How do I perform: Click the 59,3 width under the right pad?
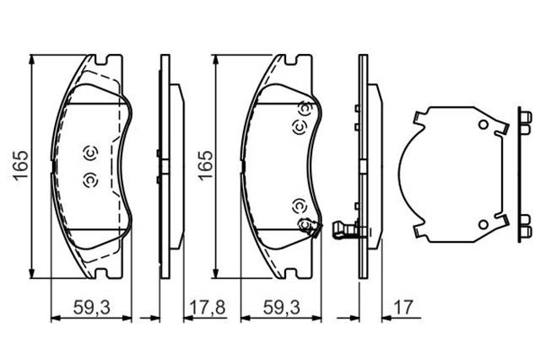click(x=282, y=308)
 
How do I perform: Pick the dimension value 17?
click(x=402, y=308)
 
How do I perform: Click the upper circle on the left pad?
click(x=90, y=153)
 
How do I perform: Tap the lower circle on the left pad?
click(x=90, y=179)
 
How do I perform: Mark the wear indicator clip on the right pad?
click(x=309, y=226)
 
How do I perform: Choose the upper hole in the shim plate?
click(x=482, y=126)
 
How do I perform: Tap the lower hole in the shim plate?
click(x=482, y=223)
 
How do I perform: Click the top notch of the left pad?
click(x=106, y=61)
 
